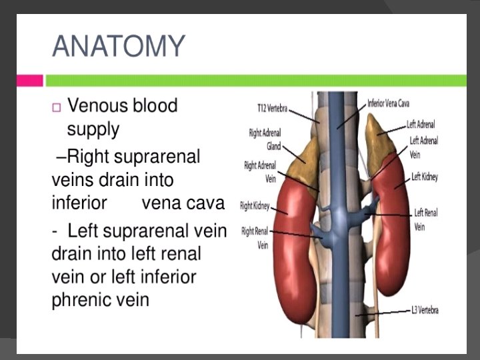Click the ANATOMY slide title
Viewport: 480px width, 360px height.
[117, 46]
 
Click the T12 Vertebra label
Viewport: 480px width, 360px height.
[272, 106]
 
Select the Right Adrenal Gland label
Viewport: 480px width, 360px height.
[265, 139]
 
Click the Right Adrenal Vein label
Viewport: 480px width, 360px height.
[261, 171]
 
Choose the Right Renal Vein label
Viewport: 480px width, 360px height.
[255, 237]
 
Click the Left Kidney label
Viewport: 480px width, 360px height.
[425, 176]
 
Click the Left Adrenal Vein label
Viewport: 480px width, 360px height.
[424, 147]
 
